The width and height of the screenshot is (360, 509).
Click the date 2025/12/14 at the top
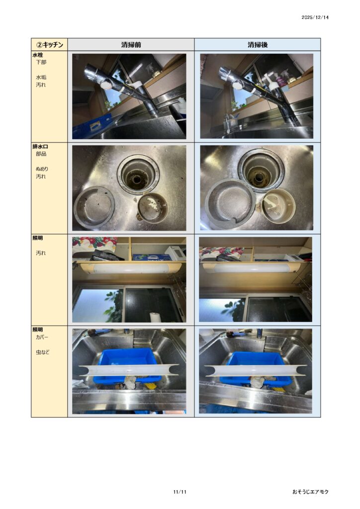[315, 17]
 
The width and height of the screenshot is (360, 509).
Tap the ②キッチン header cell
[49, 44]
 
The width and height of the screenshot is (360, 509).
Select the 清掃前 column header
[131, 44]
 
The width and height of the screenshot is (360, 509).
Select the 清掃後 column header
[258, 44]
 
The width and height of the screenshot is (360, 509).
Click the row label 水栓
[38, 55]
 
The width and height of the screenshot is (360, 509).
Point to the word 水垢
[41, 77]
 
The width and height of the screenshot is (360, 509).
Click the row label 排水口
[40, 147]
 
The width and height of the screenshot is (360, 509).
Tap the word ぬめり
[42, 169]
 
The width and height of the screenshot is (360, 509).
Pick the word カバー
[42, 338]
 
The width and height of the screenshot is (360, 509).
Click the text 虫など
[43, 352]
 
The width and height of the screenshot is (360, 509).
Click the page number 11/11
[180, 492]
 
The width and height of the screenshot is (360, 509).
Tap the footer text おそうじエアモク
[310, 492]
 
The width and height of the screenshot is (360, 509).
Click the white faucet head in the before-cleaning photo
[105, 85]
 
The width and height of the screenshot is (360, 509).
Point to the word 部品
[41, 154]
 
